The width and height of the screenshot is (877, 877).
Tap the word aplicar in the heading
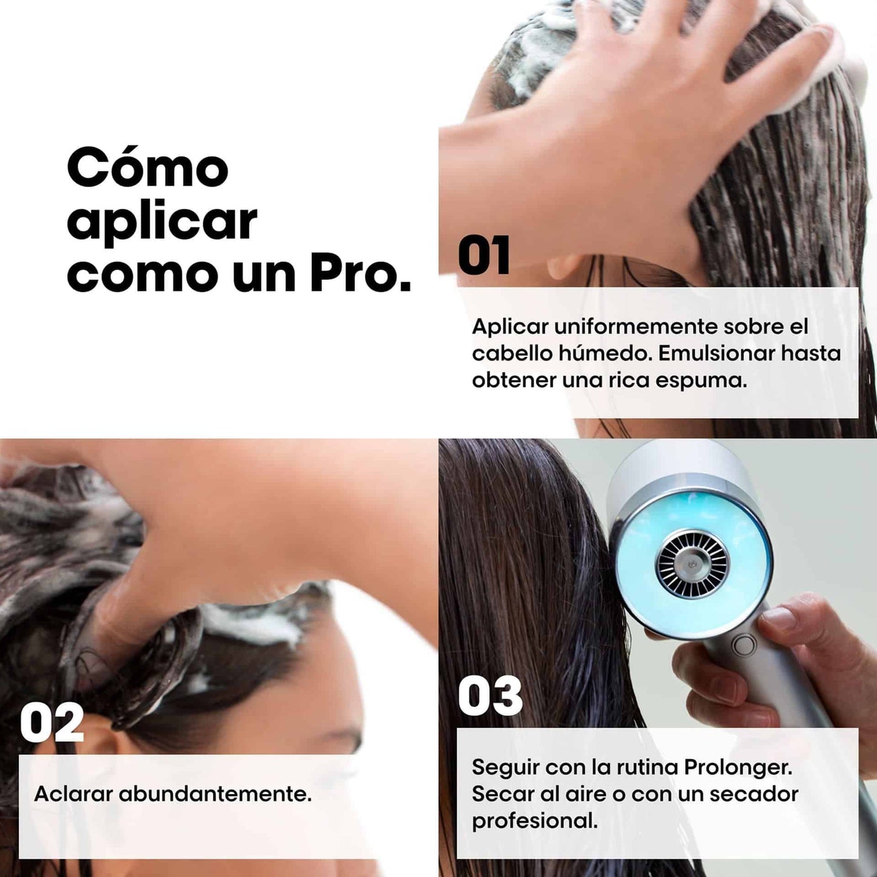point(162,222)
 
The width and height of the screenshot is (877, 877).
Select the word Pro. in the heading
point(361,274)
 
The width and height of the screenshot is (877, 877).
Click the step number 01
point(484,256)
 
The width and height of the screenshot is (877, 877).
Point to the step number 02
point(52,723)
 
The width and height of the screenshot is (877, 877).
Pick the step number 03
point(490,696)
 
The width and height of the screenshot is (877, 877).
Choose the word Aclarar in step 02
point(73,793)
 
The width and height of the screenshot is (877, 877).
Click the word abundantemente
point(215,793)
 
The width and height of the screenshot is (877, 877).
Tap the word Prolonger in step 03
point(737,767)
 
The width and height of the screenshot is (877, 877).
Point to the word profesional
point(534,821)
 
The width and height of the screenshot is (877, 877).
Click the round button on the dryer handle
point(744,645)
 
